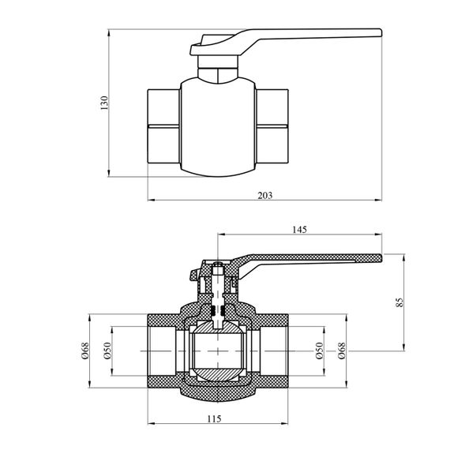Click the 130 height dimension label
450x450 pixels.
104,103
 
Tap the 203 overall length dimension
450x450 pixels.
265,196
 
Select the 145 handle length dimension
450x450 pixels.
300,230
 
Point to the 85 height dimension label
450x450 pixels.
399,302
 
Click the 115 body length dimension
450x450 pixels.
215,419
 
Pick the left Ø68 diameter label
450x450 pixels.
85,351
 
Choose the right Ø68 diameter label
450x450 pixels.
342,351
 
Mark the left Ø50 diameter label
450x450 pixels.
107,351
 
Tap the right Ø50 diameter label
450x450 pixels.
319,351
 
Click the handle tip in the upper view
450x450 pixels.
381,32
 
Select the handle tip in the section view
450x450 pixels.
381,258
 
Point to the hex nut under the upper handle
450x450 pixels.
218,66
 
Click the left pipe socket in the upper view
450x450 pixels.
164,126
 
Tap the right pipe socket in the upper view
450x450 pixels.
272,126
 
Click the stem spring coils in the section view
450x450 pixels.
218,310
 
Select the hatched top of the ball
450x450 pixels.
218,327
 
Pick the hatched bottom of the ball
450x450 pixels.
218,374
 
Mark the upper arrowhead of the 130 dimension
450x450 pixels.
108,33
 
